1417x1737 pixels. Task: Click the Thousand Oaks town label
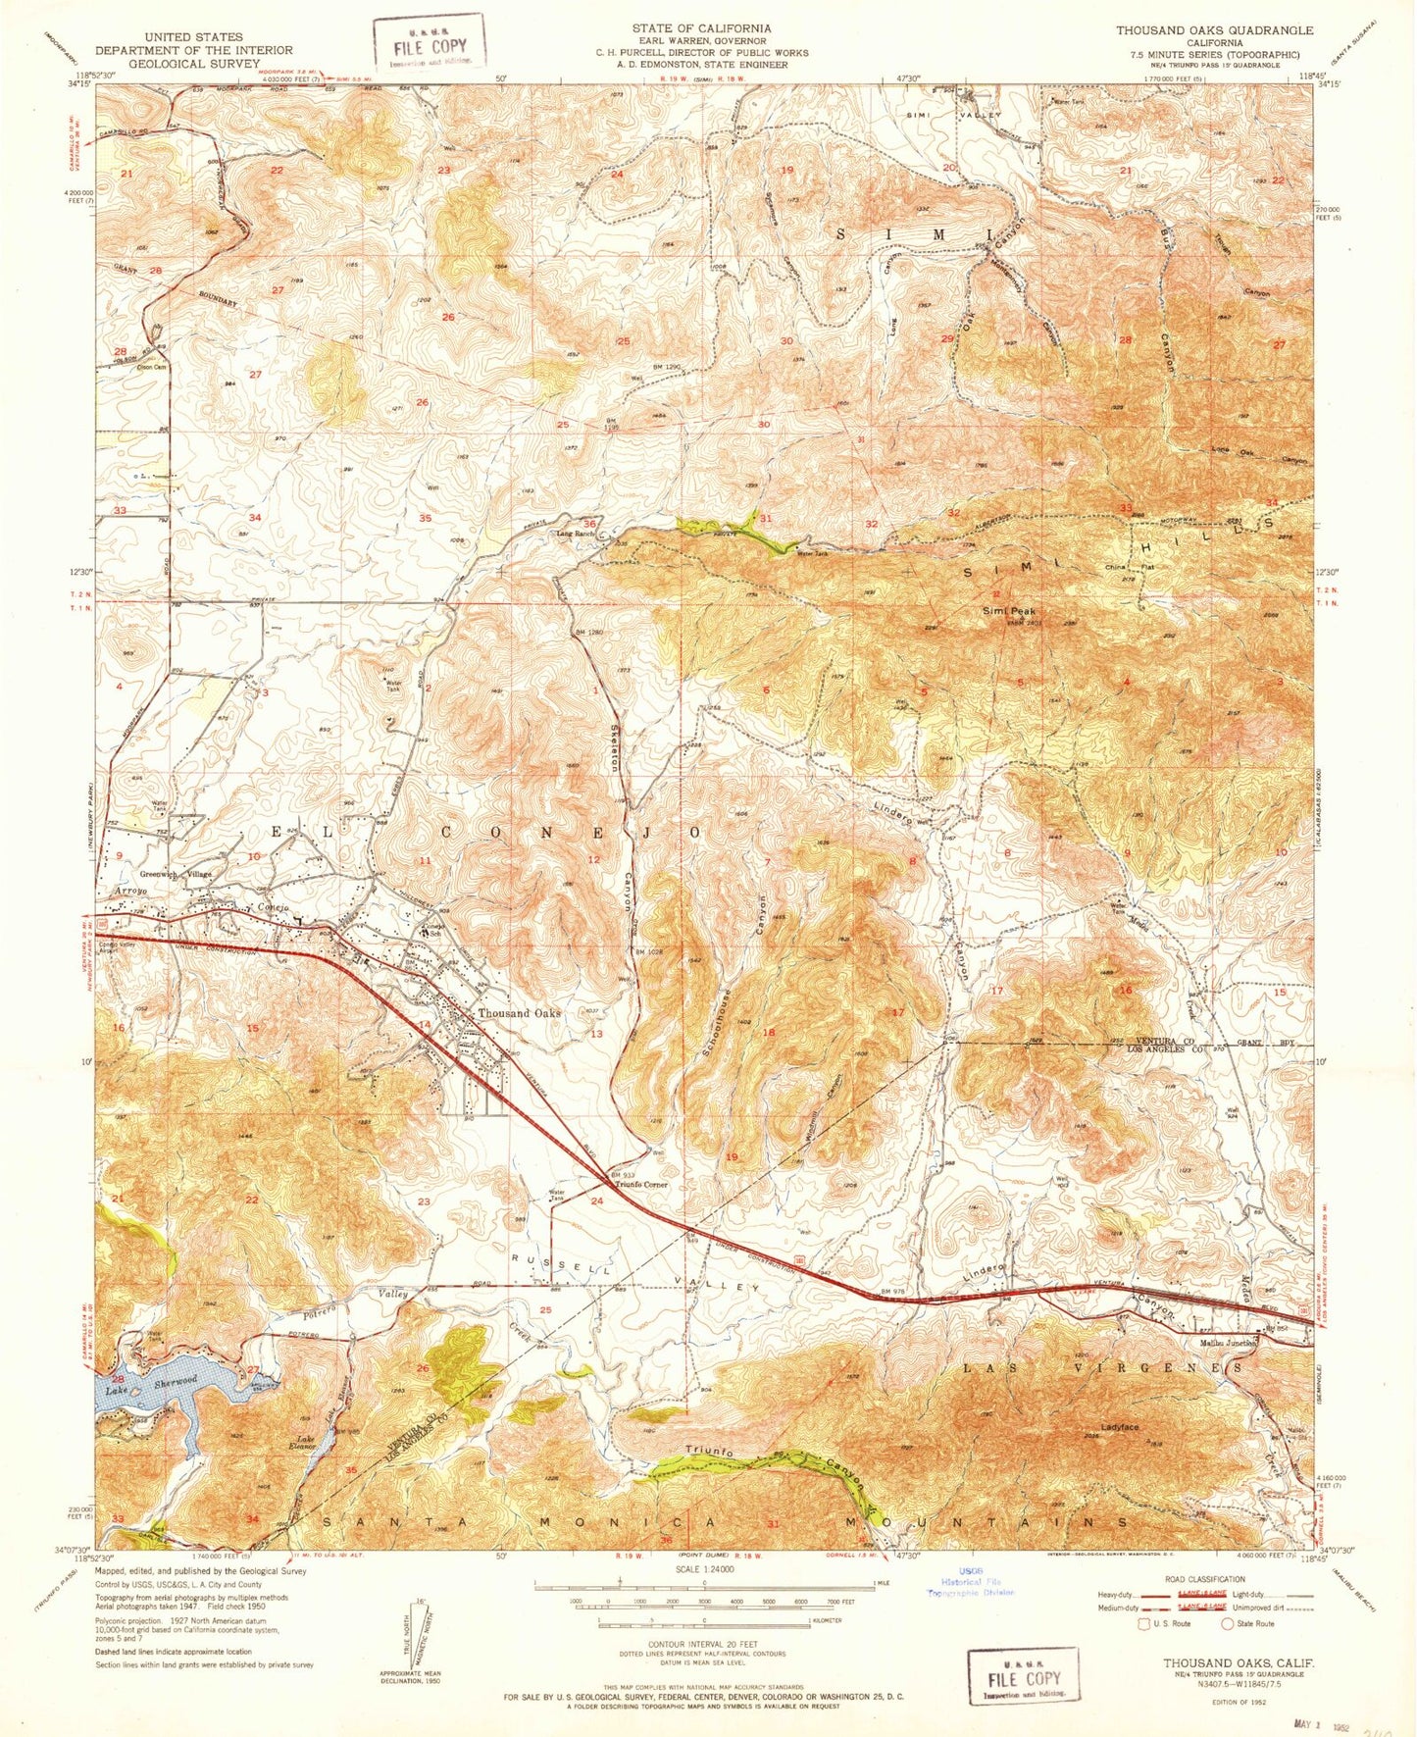click(x=519, y=1013)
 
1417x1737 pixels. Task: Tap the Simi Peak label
click(x=1009, y=611)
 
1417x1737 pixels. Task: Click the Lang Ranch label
click(x=577, y=534)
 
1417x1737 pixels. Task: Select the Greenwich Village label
click(x=176, y=873)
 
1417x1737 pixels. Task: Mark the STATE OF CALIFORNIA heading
click(x=701, y=28)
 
